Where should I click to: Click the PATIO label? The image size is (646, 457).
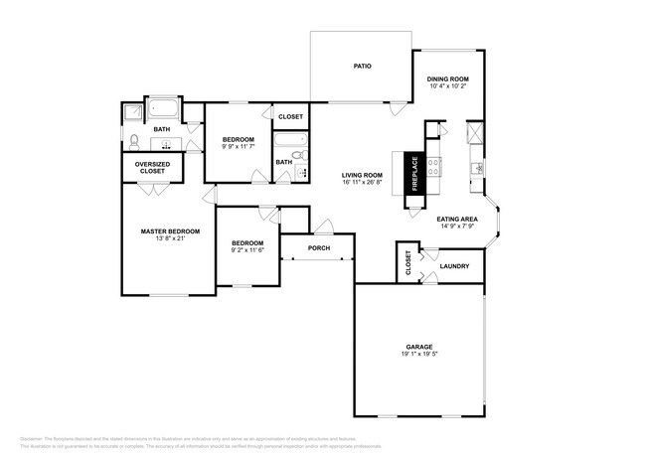[x=363, y=67]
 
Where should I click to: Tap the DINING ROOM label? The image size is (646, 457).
[x=447, y=78]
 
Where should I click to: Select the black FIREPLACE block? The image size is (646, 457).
[x=416, y=174]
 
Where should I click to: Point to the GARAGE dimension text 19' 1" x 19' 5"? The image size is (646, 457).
[x=418, y=354]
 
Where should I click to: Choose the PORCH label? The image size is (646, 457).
[x=318, y=247]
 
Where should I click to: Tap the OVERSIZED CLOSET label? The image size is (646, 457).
[x=152, y=168]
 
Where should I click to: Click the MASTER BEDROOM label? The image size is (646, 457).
[x=170, y=231]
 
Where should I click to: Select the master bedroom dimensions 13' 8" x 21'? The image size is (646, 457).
[x=170, y=239]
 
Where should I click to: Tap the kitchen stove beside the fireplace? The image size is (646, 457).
[x=433, y=165]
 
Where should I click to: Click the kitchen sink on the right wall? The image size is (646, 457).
[x=477, y=167]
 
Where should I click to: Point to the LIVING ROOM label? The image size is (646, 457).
[x=362, y=175]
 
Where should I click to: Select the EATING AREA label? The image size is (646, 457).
[x=458, y=219]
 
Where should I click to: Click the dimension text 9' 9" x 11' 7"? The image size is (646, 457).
[x=239, y=147]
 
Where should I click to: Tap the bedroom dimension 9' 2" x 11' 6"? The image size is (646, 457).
[x=247, y=250]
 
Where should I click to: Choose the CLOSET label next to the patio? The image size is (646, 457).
[x=290, y=116]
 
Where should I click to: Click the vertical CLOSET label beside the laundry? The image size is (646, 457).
[x=407, y=262]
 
